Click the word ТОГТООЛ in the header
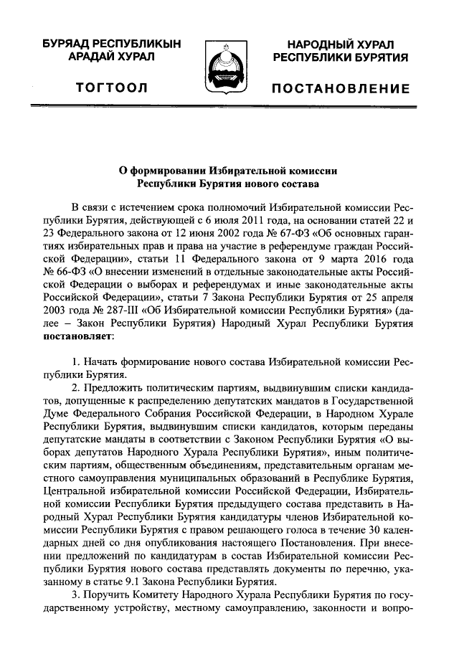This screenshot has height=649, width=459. [x=112, y=88]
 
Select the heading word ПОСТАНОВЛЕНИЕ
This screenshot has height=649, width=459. [x=341, y=89]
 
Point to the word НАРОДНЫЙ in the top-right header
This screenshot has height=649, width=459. [x=319, y=44]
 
